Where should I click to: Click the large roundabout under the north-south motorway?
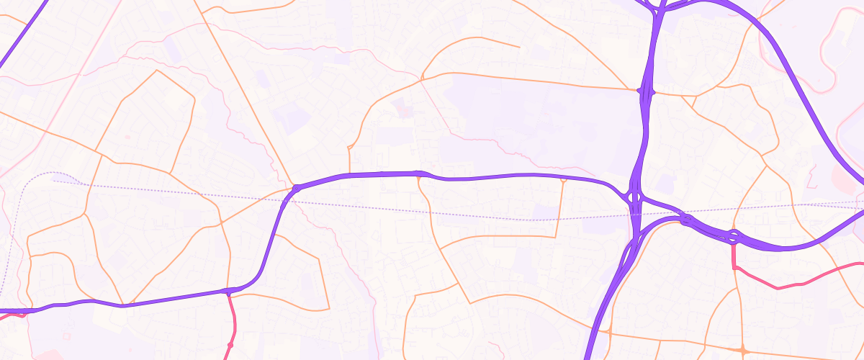point(634,197)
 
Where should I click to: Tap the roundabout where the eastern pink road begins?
point(733,235)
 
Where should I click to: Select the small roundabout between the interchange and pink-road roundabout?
point(686,219)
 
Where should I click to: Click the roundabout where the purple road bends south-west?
point(296,189)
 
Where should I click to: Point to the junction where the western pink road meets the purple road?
point(228,292)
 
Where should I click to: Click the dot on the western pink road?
point(230,346)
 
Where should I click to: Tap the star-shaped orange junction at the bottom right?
point(744,351)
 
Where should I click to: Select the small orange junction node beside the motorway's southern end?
point(609,333)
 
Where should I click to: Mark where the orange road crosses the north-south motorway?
point(646,91)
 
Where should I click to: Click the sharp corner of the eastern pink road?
point(734,267)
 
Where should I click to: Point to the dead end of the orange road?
point(519,48)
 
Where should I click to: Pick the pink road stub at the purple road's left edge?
point(22,314)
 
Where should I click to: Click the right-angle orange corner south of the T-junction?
point(556,235)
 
